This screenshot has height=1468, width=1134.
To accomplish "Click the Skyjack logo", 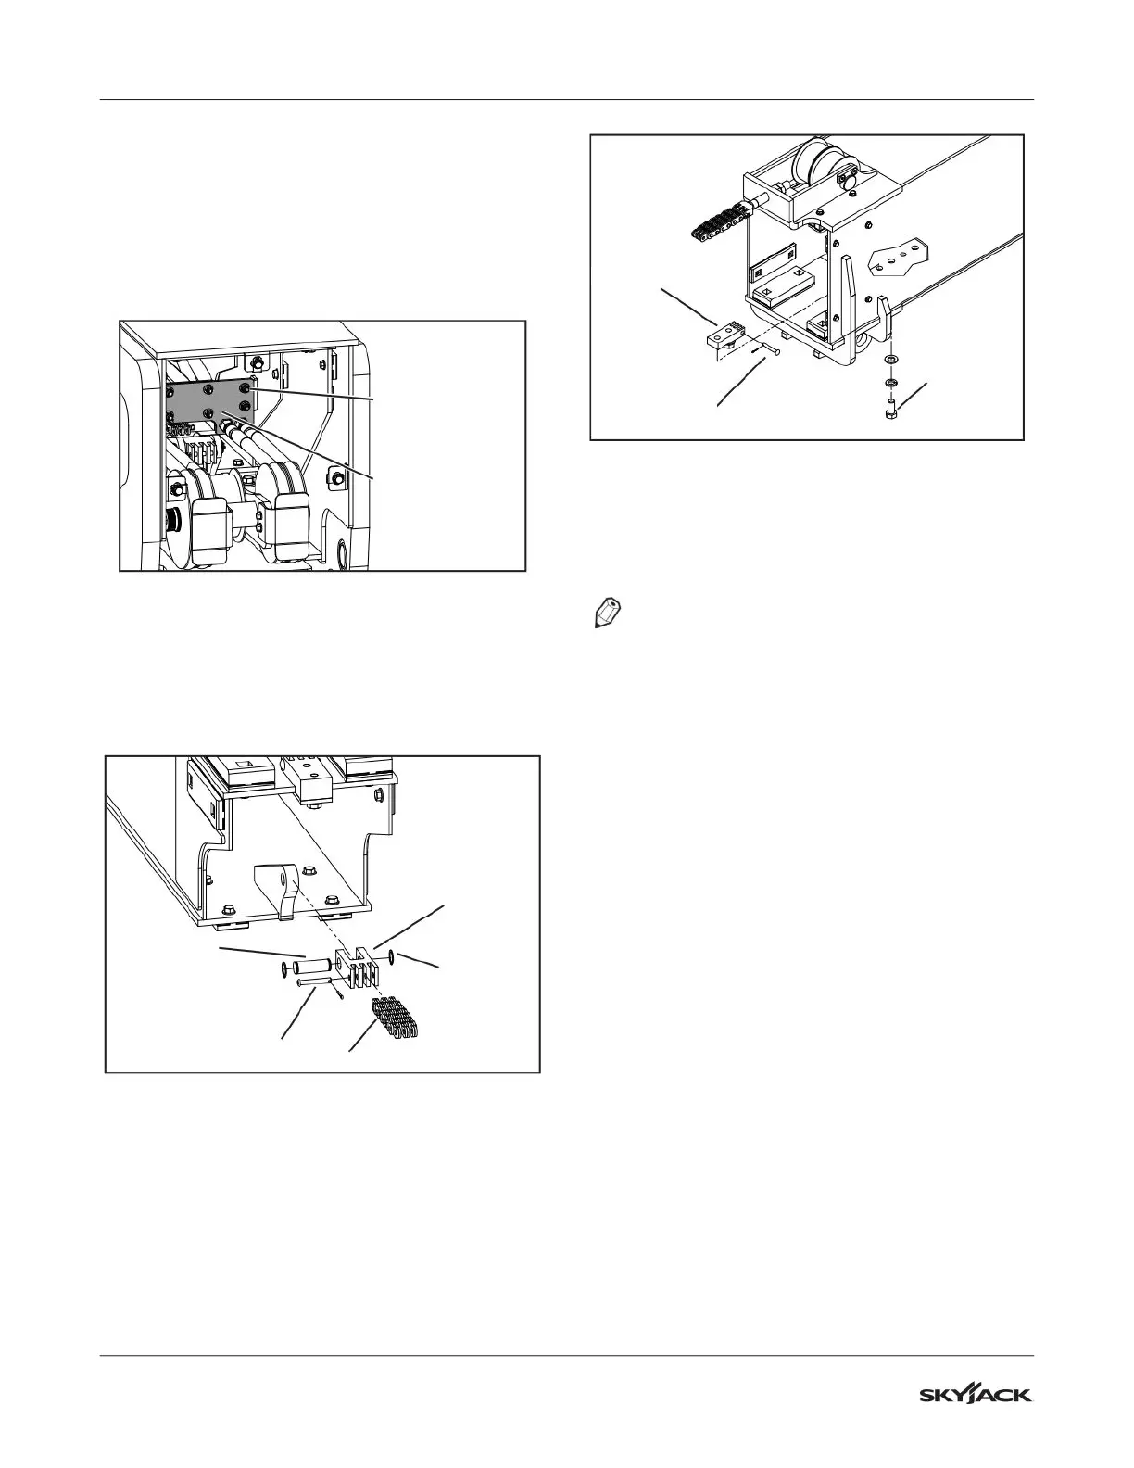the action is (x=976, y=1395).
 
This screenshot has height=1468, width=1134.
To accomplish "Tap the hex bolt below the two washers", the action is (x=889, y=407).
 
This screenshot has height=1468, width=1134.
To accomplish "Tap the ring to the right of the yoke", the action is (x=397, y=955).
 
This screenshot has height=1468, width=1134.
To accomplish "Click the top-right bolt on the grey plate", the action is (x=245, y=385).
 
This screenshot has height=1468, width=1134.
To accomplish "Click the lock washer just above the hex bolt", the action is (x=889, y=381).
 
